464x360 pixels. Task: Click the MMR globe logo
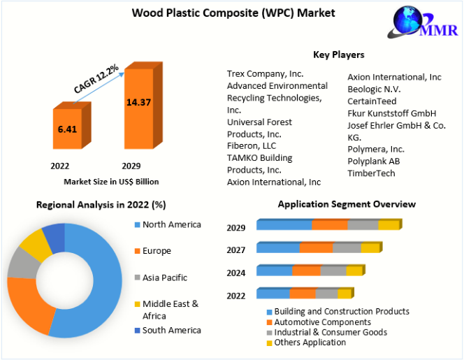(x=423, y=22)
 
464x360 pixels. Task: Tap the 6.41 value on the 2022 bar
(x=67, y=129)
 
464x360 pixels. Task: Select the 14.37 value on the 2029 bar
(x=139, y=103)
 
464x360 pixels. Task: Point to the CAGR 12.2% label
(x=96, y=79)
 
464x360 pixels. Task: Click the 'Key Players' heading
(x=339, y=55)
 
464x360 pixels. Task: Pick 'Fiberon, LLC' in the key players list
(x=252, y=146)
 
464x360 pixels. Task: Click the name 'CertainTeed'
(x=372, y=101)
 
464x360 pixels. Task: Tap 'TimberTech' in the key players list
(x=371, y=173)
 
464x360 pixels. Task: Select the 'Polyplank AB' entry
(x=374, y=161)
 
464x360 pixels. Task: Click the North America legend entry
(x=168, y=224)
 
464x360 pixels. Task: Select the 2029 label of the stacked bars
(x=236, y=228)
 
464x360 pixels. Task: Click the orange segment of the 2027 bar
(x=317, y=247)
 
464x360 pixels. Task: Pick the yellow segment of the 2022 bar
(x=345, y=294)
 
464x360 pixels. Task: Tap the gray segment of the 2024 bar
(x=333, y=271)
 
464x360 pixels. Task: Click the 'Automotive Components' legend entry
(x=319, y=322)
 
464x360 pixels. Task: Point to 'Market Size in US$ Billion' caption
(x=111, y=182)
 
